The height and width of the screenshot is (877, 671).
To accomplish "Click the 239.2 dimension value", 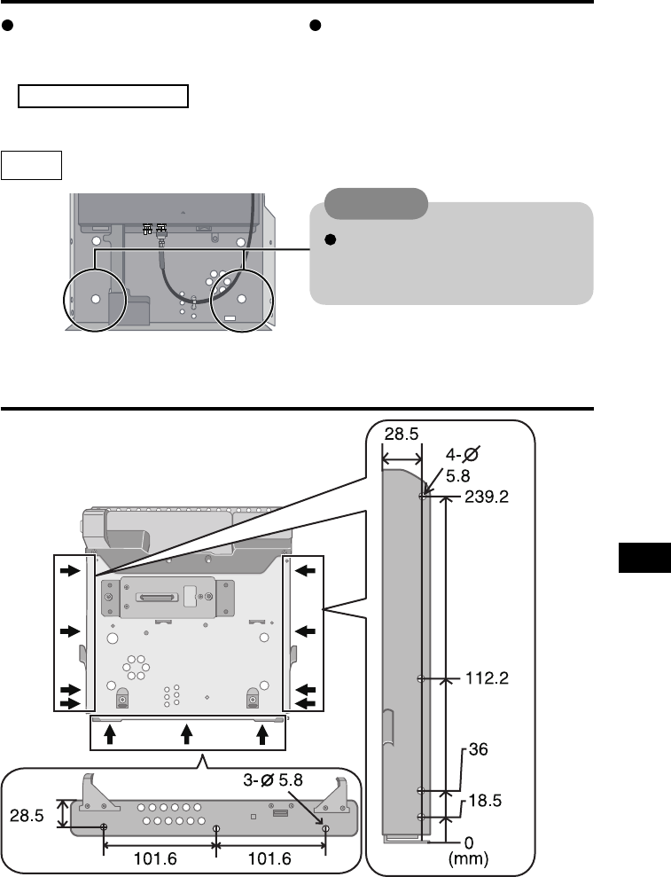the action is [x=487, y=497].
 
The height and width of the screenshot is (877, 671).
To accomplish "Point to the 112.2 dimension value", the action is [x=487, y=678].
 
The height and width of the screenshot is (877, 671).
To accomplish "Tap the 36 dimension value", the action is [x=478, y=749].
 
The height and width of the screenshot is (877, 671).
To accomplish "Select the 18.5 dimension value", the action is [x=485, y=801].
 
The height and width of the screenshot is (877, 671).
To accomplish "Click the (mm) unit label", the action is [x=469, y=858].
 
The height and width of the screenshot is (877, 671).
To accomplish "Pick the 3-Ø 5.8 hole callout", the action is [x=273, y=779].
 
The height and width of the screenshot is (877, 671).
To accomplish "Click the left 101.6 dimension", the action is [x=155, y=858].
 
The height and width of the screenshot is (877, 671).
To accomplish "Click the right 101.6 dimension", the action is [x=269, y=858].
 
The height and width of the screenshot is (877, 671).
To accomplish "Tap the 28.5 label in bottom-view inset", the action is [x=27, y=816].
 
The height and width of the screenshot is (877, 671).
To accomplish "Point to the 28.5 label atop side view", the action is [x=402, y=434].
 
